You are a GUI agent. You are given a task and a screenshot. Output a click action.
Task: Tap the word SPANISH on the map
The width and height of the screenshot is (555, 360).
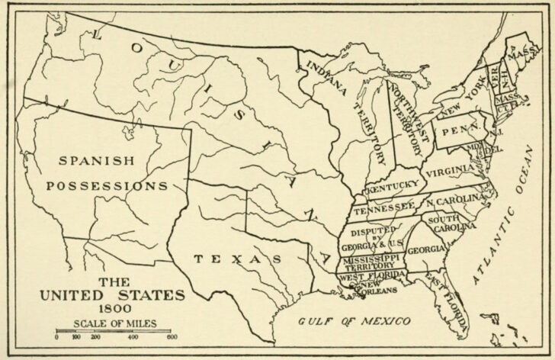[x=95, y=161]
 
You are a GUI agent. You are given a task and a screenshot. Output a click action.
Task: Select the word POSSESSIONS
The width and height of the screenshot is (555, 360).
[x=107, y=185]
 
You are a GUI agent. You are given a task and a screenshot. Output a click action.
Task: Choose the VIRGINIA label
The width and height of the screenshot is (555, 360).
[x=450, y=173]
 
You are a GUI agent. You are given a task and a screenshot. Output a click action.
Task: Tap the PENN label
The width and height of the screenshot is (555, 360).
[x=458, y=130]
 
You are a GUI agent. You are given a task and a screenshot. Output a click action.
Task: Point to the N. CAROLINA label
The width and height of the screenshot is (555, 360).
[x=456, y=201]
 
